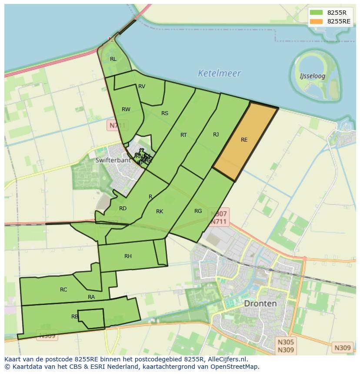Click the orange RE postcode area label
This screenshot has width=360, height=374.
(x=244, y=140)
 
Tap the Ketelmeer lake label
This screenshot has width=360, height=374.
(x=219, y=73)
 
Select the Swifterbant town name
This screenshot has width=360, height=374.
(x=113, y=160)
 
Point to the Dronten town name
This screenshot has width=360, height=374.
(x=260, y=303)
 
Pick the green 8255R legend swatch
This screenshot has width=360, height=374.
(x=317, y=13)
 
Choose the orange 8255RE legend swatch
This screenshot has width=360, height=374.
(x=317, y=21)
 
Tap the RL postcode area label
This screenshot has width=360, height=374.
(x=113, y=59)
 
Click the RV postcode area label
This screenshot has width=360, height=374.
(x=142, y=86)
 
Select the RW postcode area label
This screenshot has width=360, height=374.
(x=126, y=109)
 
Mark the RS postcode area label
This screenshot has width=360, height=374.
(x=165, y=113)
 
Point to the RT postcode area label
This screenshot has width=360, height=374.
(x=183, y=135)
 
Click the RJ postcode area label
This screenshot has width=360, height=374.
(x=216, y=135)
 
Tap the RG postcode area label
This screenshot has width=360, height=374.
(x=198, y=211)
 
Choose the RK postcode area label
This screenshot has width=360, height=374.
(x=160, y=212)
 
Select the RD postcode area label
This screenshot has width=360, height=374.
(x=123, y=209)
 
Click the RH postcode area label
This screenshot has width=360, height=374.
(x=128, y=256)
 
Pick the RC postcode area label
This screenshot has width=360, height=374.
(x=63, y=290)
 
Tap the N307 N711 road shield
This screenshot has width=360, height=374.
(x=219, y=218)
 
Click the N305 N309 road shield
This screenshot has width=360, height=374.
(x=286, y=346)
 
